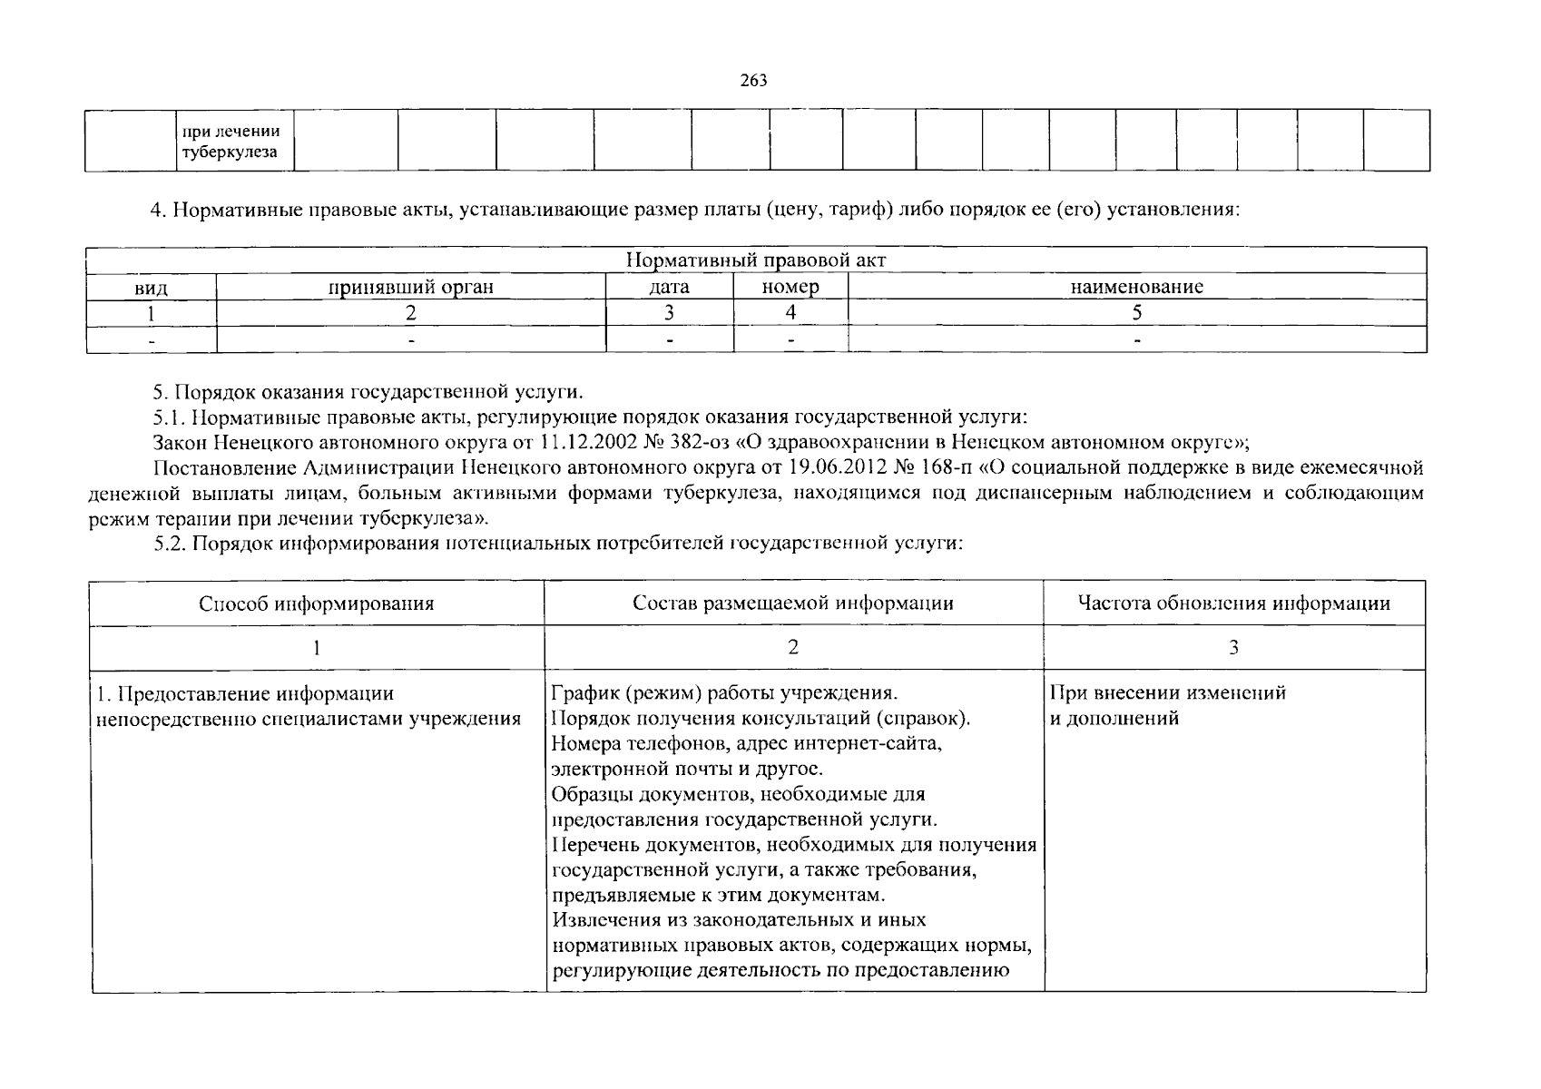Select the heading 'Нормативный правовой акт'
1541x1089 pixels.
[756, 260]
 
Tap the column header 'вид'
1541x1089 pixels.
[151, 288]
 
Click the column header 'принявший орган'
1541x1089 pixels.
[411, 288]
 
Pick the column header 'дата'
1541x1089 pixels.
[669, 288]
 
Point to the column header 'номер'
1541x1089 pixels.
[790, 288]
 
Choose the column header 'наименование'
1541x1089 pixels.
[1136, 288]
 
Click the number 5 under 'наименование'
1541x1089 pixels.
[1136, 313]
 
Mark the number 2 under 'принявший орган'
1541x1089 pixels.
[411, 313]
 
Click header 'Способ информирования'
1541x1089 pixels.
[317, 603]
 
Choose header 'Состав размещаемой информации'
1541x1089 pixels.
[793, 603]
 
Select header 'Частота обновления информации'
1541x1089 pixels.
[1234, 603]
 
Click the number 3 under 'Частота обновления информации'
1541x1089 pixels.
[1233, 647]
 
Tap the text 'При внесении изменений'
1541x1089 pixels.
[1168, 693]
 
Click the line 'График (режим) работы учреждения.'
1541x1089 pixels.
[724, 693]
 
